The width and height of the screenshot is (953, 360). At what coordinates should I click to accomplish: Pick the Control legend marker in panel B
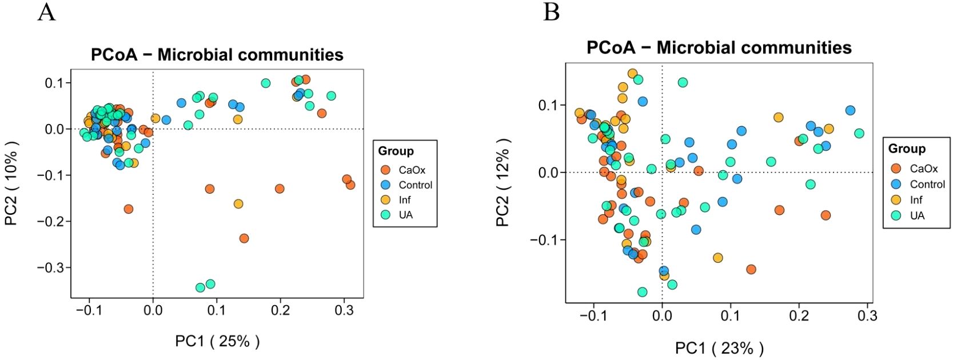click(x=896, y=184)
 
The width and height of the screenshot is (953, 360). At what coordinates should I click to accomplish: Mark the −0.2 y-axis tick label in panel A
click(x=53, y=221)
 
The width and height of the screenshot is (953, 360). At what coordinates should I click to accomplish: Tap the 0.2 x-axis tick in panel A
click(x=280, y=310)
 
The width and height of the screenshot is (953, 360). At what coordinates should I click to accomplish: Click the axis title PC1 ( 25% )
click(x=217, y=341)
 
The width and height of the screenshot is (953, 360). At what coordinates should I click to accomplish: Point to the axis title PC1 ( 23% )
click(x=719, y=347)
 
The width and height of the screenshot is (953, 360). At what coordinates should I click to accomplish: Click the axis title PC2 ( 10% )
click(x=12, y=183)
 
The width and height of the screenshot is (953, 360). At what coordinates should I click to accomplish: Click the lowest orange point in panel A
click(x=244, y=238)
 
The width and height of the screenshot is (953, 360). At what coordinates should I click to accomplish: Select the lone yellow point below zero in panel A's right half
click(x=238, y=204)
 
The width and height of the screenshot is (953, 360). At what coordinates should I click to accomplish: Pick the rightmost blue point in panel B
click(x=850, y=110)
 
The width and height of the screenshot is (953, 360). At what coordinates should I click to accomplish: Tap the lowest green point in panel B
click(x=642, y=292)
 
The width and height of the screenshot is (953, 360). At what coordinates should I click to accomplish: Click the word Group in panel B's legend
click(x=906, y=149)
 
